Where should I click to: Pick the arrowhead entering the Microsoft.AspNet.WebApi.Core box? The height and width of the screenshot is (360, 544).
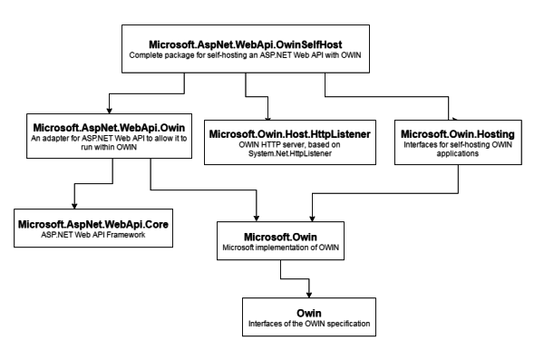[73, 204]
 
